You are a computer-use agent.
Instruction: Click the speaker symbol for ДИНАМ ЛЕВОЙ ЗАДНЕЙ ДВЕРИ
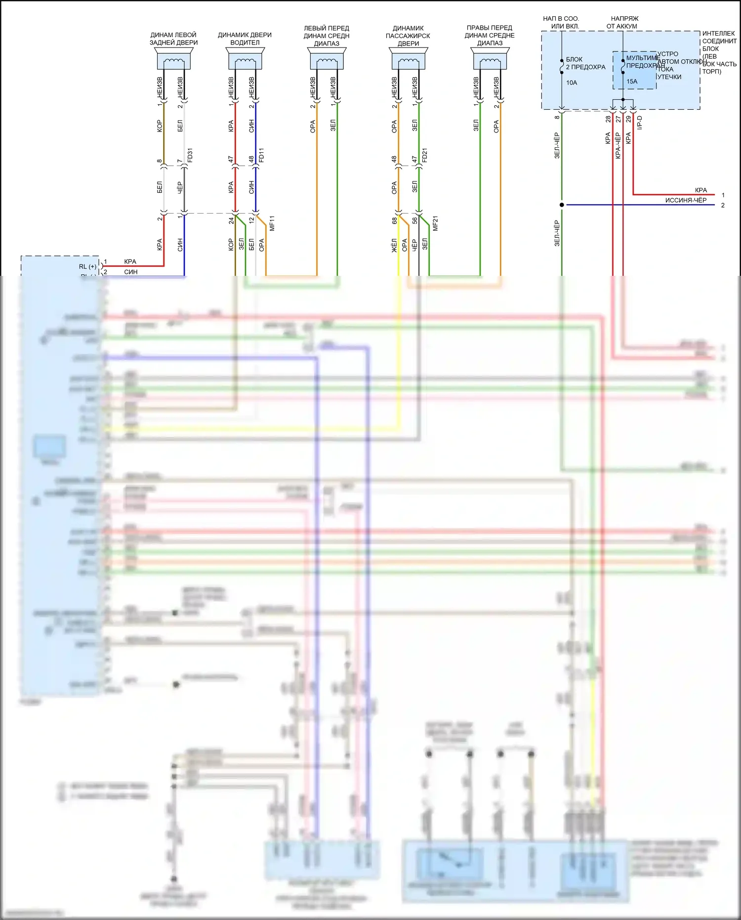[x=173, y=60]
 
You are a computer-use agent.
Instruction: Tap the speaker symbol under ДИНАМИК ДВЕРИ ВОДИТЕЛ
[x=245, y=60]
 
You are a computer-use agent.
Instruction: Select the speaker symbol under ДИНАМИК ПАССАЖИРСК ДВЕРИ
[x=408, y=60]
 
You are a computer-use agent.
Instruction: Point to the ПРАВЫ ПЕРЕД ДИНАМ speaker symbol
[x=490, y=60]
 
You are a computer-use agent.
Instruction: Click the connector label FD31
[x=190, y=155]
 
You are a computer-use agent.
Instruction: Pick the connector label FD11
[x=262, y=155]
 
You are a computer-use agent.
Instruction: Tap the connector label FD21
[x=425, y=155]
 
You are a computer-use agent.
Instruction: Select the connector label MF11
[x=272, y=223]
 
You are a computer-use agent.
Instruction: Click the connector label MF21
[x=435, y=223]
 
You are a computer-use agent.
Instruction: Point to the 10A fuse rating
[x=572, y=83]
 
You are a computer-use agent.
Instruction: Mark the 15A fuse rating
[x=632, y=82]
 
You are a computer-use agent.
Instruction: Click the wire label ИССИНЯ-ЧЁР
[x=686, y=200]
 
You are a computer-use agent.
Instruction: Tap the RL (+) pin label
[x=87, y=266]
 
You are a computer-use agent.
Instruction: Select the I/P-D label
[x=640, y=123]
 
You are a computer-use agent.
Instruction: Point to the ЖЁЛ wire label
[x=394, y=245]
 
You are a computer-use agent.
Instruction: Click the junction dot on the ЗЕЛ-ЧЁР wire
[x=562, y=205]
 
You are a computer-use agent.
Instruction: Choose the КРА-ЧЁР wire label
[x=618, y=145]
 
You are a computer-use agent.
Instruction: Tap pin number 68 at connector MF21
[x=394, y=220]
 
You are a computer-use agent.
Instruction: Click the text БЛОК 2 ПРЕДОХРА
[x=585, y=63]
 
